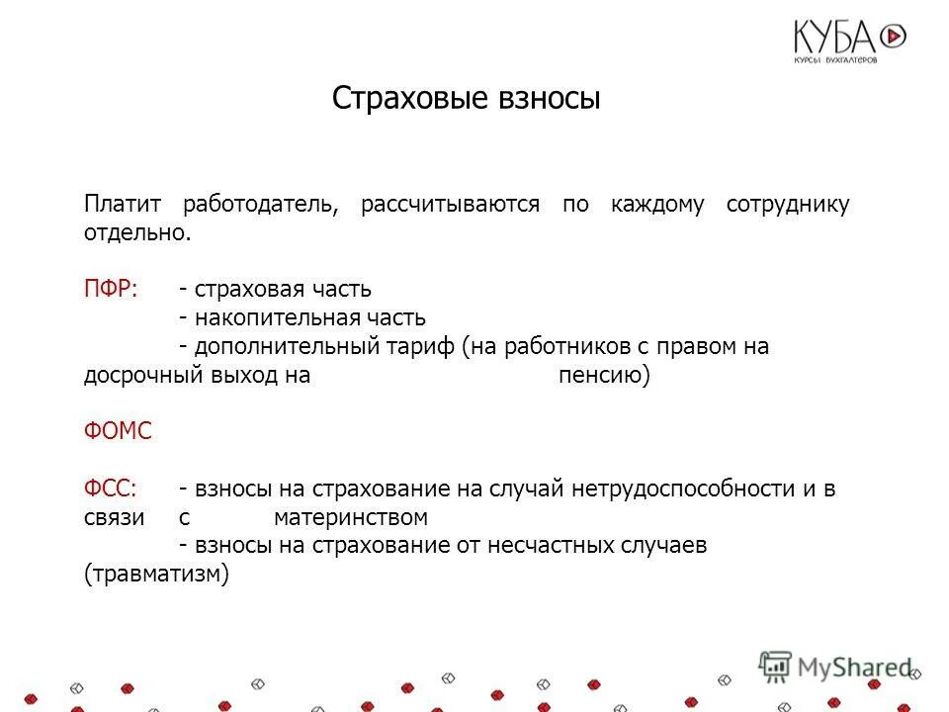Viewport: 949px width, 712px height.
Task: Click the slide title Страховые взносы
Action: point(466,99)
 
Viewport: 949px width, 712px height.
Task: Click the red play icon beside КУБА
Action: point(893,37)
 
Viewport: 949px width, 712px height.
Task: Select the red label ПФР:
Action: point(111,290)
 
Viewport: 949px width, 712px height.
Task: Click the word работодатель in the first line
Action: point(261,206)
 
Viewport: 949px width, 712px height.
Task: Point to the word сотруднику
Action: point(788,206)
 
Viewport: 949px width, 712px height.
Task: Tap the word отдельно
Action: point(135,233)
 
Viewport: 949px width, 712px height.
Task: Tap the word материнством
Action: point(350,517)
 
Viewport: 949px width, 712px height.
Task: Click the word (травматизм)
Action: point(157,575)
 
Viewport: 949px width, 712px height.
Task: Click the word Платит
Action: point(116,206)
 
